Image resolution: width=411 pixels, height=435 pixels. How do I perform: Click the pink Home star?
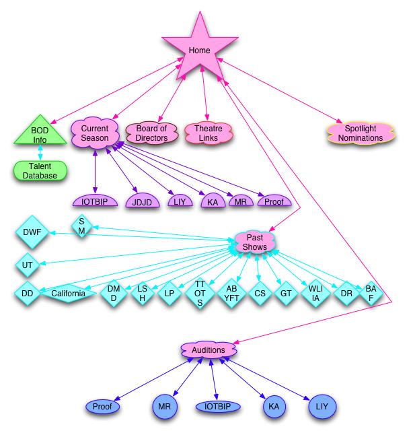pyautogui.click(x=200, y=51)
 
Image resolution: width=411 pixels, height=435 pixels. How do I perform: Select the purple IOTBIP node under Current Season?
pyautogui.click(x=94, y=201)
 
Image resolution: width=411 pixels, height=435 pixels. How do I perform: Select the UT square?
pyautogui.click(x=28, y=265)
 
